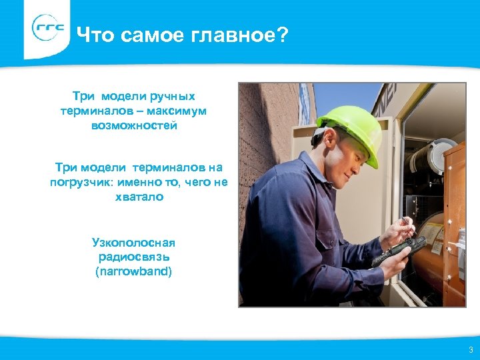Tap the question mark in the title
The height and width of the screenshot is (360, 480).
coord(283,34)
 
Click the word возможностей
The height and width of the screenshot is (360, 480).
coord(135,125)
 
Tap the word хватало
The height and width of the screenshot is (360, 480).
coord(139,197)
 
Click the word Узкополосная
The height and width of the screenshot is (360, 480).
coord(133,242)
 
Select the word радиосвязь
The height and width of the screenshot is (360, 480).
coord(133,257)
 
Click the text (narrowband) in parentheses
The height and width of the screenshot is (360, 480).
coord(133,271)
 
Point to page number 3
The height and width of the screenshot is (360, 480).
coord(471,350)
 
